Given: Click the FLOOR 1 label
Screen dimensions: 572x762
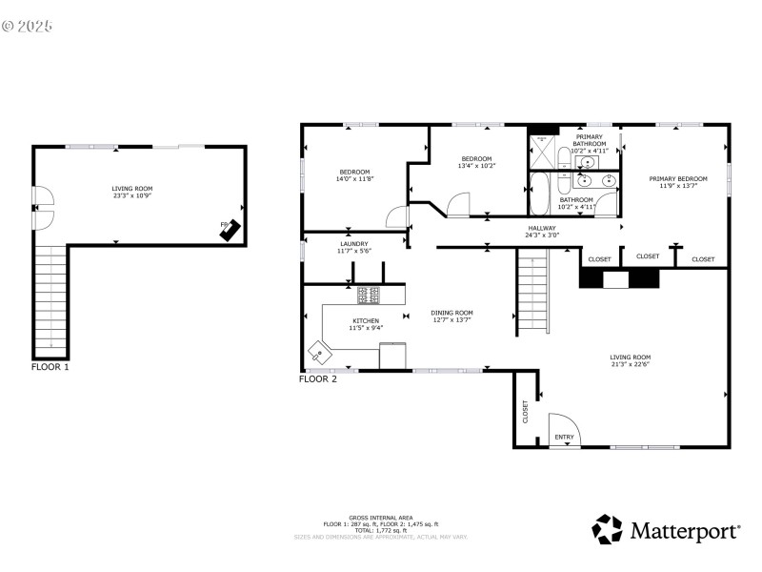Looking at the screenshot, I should coord(50,366).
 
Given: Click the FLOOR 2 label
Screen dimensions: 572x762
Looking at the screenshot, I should coord(318,378).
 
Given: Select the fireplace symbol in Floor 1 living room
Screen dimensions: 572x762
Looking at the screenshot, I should coord(230,228).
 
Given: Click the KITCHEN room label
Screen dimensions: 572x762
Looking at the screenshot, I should coord(366,321).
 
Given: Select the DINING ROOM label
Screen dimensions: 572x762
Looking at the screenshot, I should coord(451,313).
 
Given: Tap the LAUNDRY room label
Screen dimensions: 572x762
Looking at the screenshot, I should coord(353,244).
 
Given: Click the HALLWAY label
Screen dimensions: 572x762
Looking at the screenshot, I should coord(542,228).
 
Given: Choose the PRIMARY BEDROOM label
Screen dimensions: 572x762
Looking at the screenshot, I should coord(678,179).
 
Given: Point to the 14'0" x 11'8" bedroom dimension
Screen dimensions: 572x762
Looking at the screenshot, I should coord(354,179).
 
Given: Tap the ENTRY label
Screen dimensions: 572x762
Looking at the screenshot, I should coord(565,439).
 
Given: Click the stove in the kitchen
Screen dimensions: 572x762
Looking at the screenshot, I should coord(369,295).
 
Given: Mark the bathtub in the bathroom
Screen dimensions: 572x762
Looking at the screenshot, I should coord(539,194).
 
